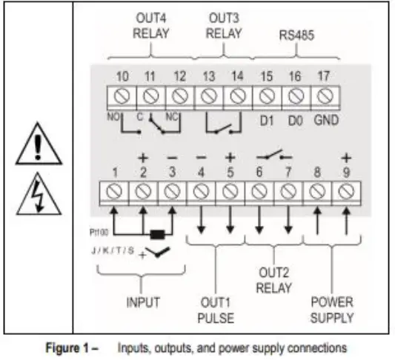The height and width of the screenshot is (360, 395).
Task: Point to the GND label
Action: tap(325, 118)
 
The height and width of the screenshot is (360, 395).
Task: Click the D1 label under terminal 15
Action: tap(267, 118)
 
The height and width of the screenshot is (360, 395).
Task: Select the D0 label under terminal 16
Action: tap(295, 118)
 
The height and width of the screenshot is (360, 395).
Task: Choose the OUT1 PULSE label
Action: tap(215, 311)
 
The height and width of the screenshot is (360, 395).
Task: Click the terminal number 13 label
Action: tap(208, 76)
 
